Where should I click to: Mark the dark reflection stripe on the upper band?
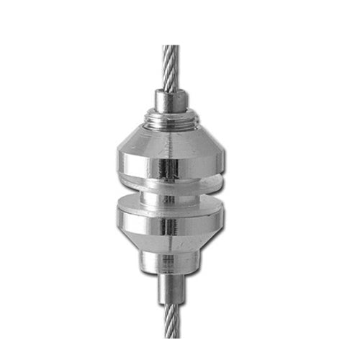click(168, 167)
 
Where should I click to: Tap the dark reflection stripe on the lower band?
click(168, 226)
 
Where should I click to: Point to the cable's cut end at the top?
click(170, 48)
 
